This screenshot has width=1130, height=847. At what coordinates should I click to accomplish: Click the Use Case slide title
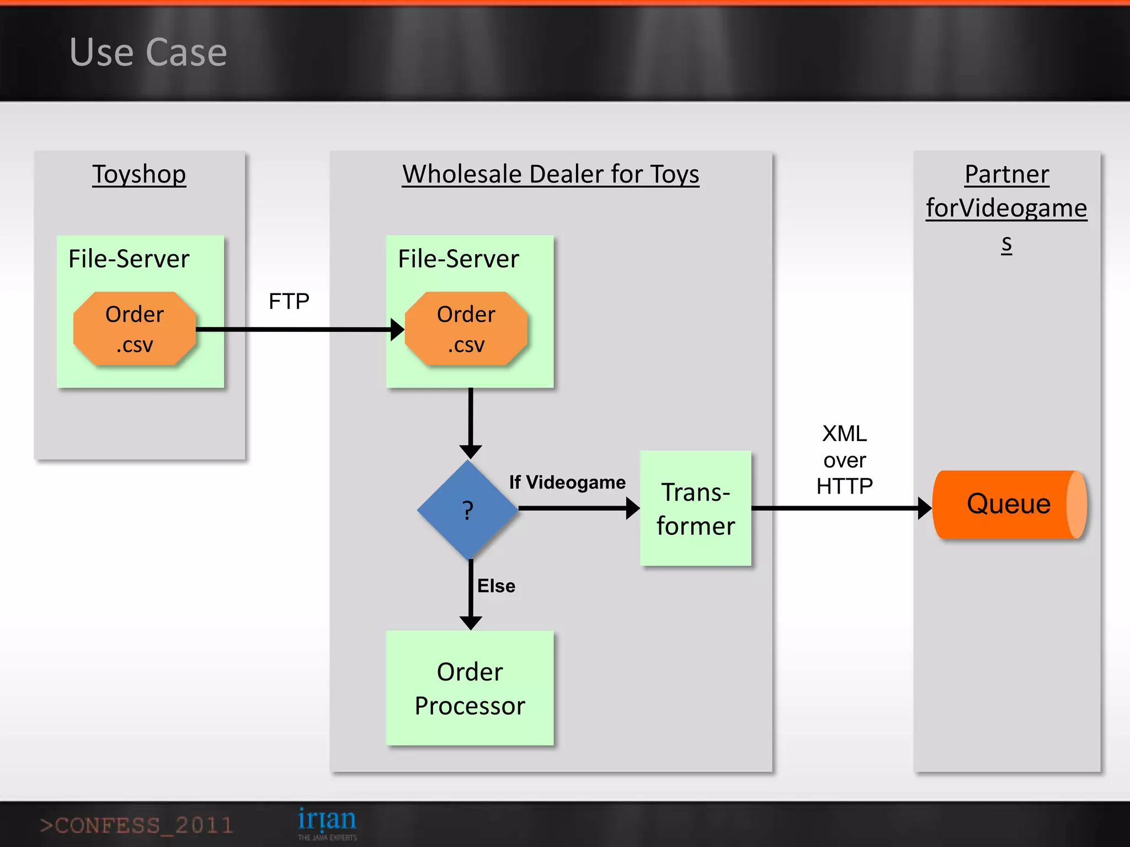(148, 52)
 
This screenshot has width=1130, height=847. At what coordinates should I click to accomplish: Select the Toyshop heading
(139, 174)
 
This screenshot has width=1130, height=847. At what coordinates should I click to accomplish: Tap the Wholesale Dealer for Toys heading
(550, 174)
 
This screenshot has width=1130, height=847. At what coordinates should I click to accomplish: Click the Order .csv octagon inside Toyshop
(135, 329)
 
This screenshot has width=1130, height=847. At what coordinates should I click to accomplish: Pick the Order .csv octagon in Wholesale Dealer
(466, 329)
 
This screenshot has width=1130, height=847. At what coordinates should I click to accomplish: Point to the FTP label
(289, 302)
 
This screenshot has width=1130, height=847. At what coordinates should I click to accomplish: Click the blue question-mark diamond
(468, 510)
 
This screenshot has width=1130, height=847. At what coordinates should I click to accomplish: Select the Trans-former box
(695, 508)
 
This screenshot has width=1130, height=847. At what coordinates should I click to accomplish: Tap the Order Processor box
(470, 688)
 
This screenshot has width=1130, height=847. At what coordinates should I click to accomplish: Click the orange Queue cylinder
(1009, 504)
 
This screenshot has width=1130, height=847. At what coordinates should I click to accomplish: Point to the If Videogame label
(567, 483)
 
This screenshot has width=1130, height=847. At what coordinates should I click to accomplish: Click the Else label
(496, 586)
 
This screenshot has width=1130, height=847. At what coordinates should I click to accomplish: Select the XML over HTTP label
(844, 460)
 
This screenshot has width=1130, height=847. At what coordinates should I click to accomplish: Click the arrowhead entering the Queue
(924, 508)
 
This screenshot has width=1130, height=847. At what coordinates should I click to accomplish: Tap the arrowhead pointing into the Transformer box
(632, 508)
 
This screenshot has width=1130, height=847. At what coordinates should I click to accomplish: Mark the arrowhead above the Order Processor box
(471, 623)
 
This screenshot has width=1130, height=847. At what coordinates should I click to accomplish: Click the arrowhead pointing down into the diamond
(471, 452)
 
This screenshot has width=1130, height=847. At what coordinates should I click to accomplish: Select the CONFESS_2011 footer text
(136, 825)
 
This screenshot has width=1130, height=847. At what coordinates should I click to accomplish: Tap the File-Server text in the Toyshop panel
(129, 259)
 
